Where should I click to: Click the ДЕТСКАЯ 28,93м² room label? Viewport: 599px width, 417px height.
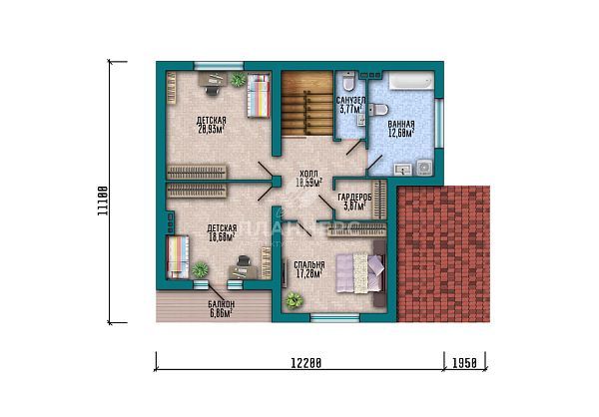[x=210, y=126]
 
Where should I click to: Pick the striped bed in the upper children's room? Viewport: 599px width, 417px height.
[x=259, y=98]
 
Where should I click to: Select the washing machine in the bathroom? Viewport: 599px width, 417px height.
[x=423, y=166]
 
